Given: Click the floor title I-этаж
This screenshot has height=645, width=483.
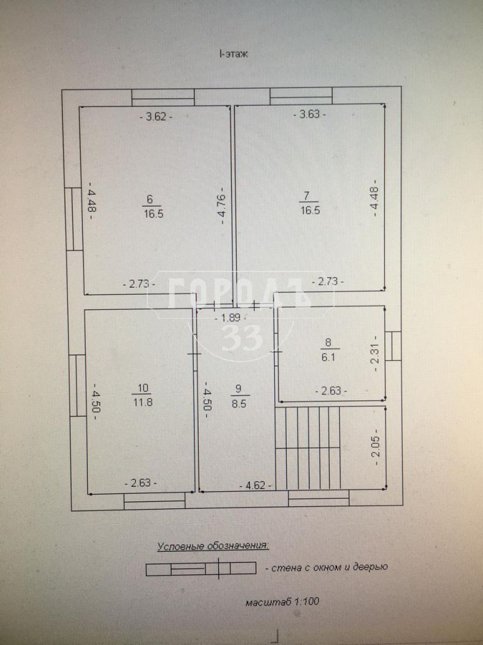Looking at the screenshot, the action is [234, 54].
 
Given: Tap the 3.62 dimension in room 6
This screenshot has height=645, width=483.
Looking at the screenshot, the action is [156, 117].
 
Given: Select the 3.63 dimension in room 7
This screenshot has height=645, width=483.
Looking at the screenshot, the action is [309, 115].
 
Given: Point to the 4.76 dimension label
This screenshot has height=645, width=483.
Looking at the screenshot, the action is [223, 206].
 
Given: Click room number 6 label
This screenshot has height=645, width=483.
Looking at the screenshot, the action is [150, 200].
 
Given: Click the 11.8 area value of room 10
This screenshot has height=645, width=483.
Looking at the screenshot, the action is [143, 401].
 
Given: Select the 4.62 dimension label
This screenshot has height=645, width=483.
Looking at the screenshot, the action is [255, 486].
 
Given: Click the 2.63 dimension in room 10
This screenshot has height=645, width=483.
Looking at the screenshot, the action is [140, 483].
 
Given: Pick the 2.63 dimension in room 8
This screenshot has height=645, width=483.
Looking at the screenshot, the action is [331, 390].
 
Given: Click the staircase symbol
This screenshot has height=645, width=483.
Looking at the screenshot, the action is [308, 448].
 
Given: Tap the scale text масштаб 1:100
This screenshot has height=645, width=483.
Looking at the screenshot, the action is [282, 602].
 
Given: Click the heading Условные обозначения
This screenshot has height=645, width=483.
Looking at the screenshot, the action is [213, 546].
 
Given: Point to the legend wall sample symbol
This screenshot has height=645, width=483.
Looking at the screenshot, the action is [201, 569].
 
